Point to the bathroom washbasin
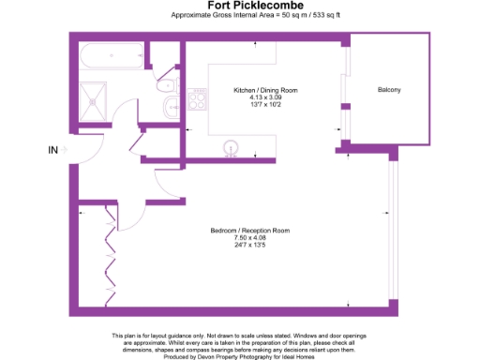170,107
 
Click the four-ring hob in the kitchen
198,98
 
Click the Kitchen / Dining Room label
265,90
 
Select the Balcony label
389,90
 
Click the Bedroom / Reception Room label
248,231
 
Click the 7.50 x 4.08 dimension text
248,238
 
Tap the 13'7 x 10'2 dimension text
265,105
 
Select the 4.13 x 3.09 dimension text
265,97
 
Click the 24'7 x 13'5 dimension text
248,246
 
